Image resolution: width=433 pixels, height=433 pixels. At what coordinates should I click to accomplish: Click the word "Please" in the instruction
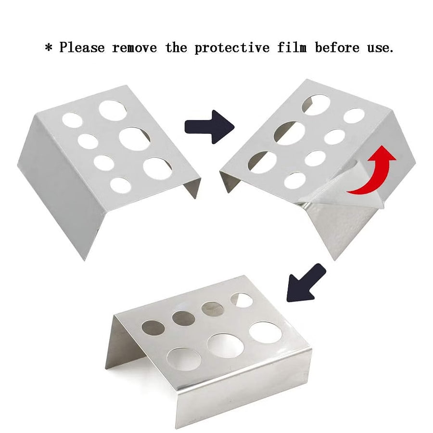coord(82,47)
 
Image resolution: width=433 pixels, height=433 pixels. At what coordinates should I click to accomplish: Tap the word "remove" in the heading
coord(135,48)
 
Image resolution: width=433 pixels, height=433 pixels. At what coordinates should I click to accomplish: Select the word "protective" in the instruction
coord(232,48)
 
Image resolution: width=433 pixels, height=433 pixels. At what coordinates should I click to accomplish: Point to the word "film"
coord(292,47)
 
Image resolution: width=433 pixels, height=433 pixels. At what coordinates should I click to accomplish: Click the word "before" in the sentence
coord(337,47)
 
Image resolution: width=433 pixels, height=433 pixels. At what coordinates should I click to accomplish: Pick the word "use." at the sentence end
coord(380,48)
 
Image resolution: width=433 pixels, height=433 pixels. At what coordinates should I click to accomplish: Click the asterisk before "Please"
coord(49,48)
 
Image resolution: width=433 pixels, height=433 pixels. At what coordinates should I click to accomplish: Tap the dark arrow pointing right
coord(209,127)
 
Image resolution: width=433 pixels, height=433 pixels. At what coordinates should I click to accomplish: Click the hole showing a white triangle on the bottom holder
coord(242,300)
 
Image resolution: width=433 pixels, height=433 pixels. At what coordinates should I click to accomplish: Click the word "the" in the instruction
coord(176,47)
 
